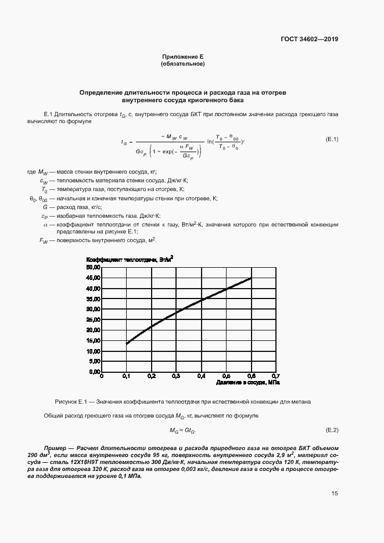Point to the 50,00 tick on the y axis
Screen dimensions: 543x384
[x=94, y=267]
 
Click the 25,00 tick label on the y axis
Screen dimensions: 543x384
[x=94, y=319]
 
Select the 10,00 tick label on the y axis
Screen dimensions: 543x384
[x=94, y=351]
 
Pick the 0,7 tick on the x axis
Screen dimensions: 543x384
[x=275, y=376]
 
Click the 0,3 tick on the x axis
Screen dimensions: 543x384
[x=176, y=376]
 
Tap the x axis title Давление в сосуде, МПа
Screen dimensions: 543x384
[x=248, y=383]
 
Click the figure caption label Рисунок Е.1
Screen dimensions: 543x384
[x=70, y=401]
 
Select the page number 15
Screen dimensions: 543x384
[x=334, y=494]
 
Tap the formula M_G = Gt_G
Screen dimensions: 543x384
[x=183, y=431]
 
